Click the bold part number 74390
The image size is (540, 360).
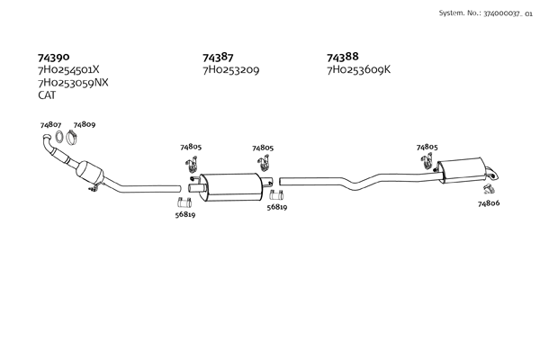click(53, 57)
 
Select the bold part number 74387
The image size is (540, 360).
click(218, 58)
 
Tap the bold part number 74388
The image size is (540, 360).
click(343, 57)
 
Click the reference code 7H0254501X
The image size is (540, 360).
click(68, 69)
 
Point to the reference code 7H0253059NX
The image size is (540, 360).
click(73, 83)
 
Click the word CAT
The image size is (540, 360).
click(47, 95)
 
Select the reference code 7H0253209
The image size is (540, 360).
click(231, 70)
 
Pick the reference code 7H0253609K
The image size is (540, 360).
click(359, 69)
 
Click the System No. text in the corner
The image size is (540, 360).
click(486, 13)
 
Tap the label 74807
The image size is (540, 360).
click(50, 125)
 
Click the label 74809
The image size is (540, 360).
click(85, 124)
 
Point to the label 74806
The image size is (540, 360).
click(489, 203)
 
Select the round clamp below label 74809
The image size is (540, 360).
click(71, 138)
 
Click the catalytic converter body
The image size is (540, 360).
click(90, 173)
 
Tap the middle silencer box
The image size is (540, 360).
click(231, 187)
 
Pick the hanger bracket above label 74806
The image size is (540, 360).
click(489, 188)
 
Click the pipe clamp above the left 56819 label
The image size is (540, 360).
click(184, 202)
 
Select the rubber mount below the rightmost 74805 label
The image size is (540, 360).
click(426, 161)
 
